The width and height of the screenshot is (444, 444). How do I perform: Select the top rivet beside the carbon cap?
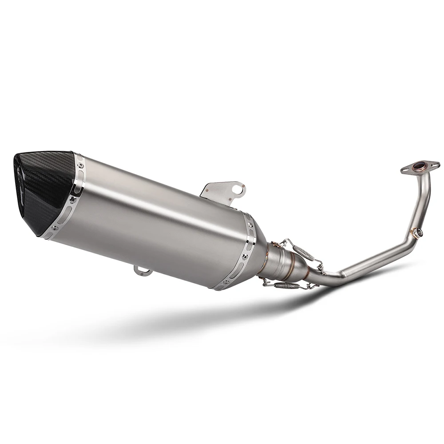click(x=80, y=165)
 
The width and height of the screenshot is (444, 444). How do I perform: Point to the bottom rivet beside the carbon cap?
click(x=55, y=228)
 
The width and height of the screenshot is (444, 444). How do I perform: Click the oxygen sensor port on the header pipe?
click(x=416, y=232)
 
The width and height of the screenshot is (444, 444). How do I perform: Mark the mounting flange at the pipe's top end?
click(x=420, y=167)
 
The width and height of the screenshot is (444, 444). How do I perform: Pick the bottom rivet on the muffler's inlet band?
click(x=226, y=281)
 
